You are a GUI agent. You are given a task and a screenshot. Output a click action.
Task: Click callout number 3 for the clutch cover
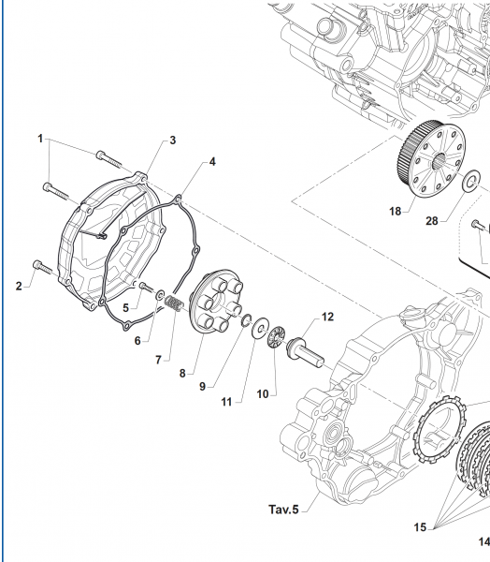click(172, 140)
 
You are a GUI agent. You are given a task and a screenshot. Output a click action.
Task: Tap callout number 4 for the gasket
click(212, 162)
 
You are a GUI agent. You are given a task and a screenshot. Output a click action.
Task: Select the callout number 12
click(327, 317)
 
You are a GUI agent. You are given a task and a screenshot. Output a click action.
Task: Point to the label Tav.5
click(283, 510)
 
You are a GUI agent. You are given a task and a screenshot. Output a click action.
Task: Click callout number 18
click(396, 212)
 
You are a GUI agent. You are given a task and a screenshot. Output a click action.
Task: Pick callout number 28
click(432, 221)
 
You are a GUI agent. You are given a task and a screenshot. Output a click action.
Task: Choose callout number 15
click(420, 527)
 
